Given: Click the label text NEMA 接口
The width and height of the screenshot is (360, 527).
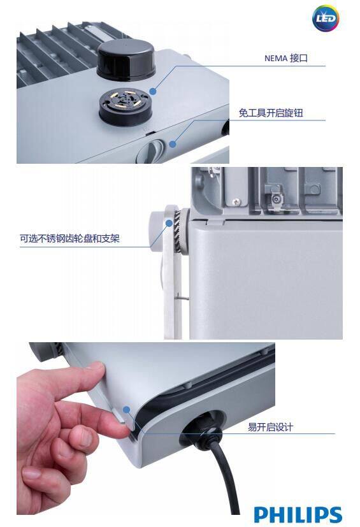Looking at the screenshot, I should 286,58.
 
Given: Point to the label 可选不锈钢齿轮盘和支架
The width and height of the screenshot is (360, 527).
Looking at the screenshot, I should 69,239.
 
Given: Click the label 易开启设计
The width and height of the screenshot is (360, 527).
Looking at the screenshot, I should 270,427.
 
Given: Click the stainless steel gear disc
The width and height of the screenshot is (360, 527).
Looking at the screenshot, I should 178,229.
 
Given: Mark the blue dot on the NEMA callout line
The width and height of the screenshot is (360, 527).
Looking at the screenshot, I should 153,92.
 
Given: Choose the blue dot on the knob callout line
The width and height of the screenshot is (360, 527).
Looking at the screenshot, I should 173,144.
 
